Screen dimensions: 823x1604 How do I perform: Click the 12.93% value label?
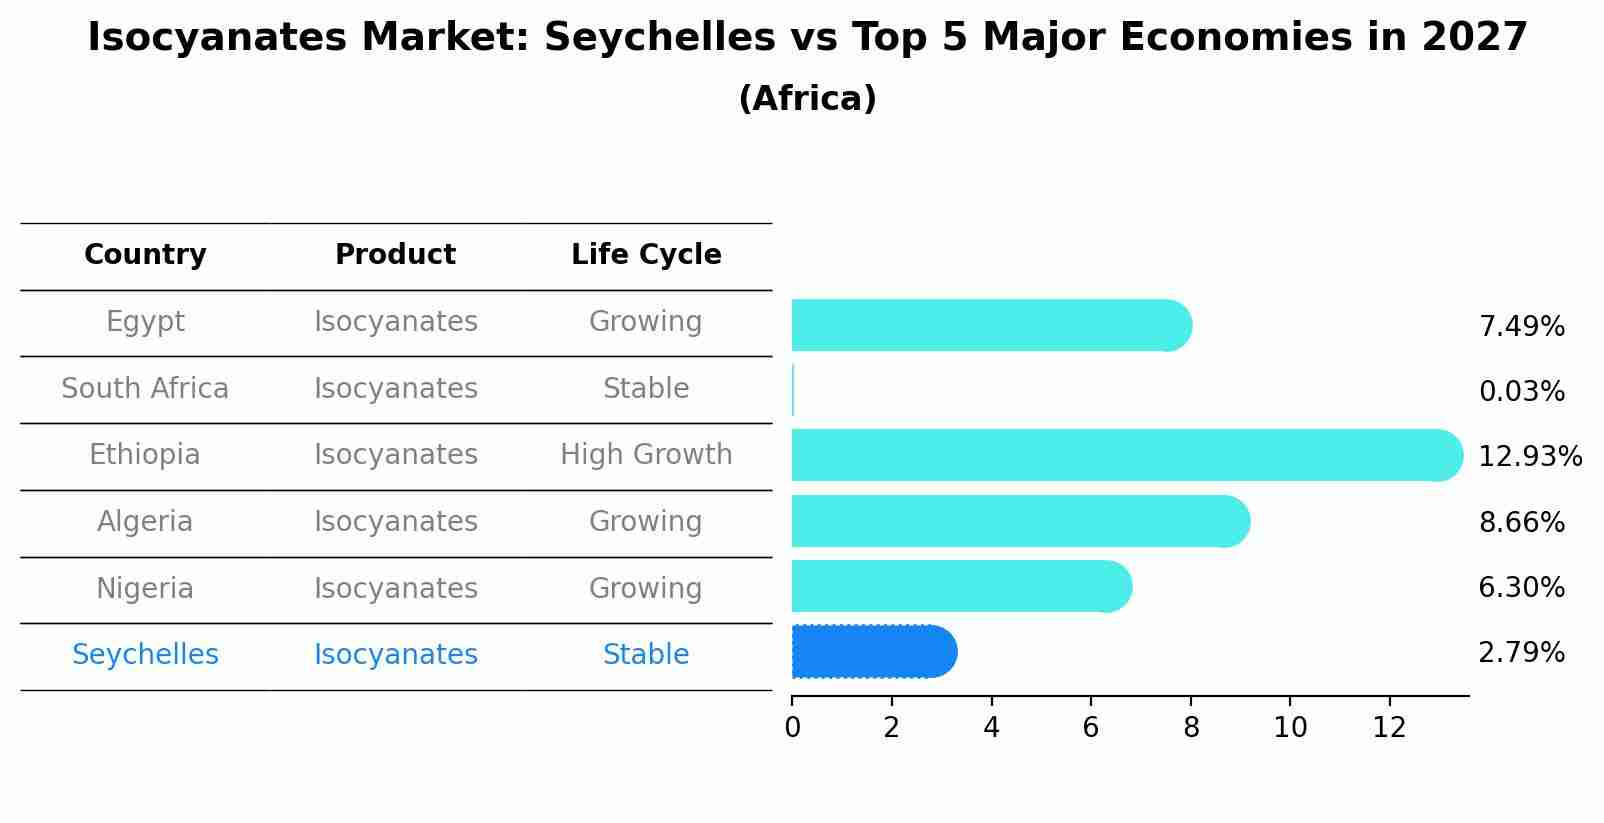[1529, 457]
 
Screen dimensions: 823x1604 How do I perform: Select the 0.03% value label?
[1521, 392]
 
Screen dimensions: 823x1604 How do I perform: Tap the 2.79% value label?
[1521, 653]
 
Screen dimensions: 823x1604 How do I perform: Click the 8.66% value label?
[1521, 522]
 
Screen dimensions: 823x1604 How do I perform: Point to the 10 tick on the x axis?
[1290, 728]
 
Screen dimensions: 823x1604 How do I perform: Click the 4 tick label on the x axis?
[991, 728]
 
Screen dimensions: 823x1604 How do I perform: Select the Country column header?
[145, 255]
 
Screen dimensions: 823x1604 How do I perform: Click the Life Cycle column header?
[646, 255]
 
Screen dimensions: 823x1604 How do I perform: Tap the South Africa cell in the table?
[145, 389]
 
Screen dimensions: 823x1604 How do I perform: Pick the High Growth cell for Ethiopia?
[646, 455]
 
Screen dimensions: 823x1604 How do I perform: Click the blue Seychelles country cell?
[145, 655]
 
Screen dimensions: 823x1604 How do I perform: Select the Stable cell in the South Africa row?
[646, 389]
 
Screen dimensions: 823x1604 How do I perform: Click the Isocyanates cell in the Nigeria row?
[396, 589]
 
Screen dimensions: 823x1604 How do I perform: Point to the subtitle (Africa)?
[807, 99]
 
